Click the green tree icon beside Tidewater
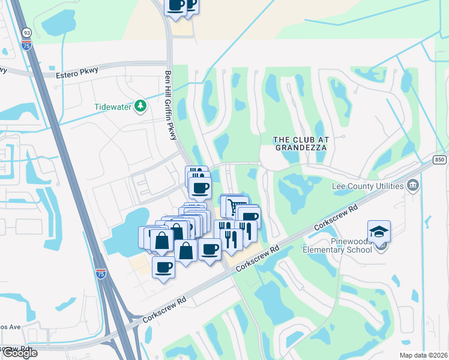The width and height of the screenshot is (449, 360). tap(140, 106)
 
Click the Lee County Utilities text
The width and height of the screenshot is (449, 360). tap(367, 186)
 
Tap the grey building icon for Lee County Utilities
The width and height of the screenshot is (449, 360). tap(412, 185)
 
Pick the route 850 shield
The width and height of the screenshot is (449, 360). tap(440, 158)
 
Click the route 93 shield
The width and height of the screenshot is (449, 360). tap(26, 32)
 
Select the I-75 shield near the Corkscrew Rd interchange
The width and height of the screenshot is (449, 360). tap(101, 274)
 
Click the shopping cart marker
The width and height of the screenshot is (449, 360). tap(234, 206)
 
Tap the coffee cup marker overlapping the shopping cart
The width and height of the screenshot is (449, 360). tap(249, 217)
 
